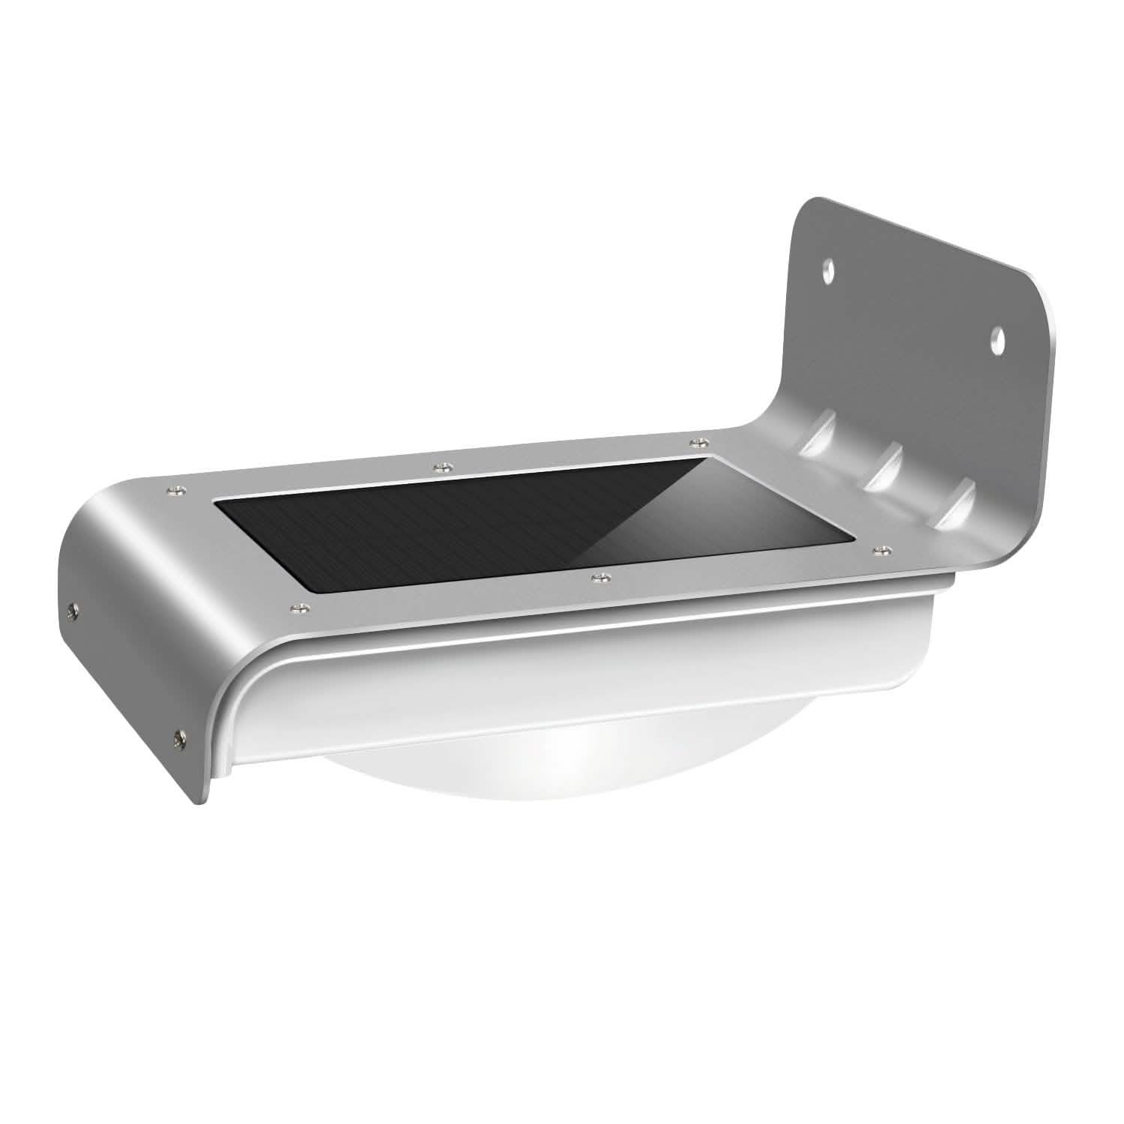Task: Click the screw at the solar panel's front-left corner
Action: (175, 491)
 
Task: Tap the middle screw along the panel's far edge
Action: (441, 467)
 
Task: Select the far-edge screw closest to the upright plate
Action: (696, 441)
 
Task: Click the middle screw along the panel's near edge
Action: (597, 578)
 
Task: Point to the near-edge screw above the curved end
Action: (299, 607)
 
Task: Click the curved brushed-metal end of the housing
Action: (127, 599)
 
